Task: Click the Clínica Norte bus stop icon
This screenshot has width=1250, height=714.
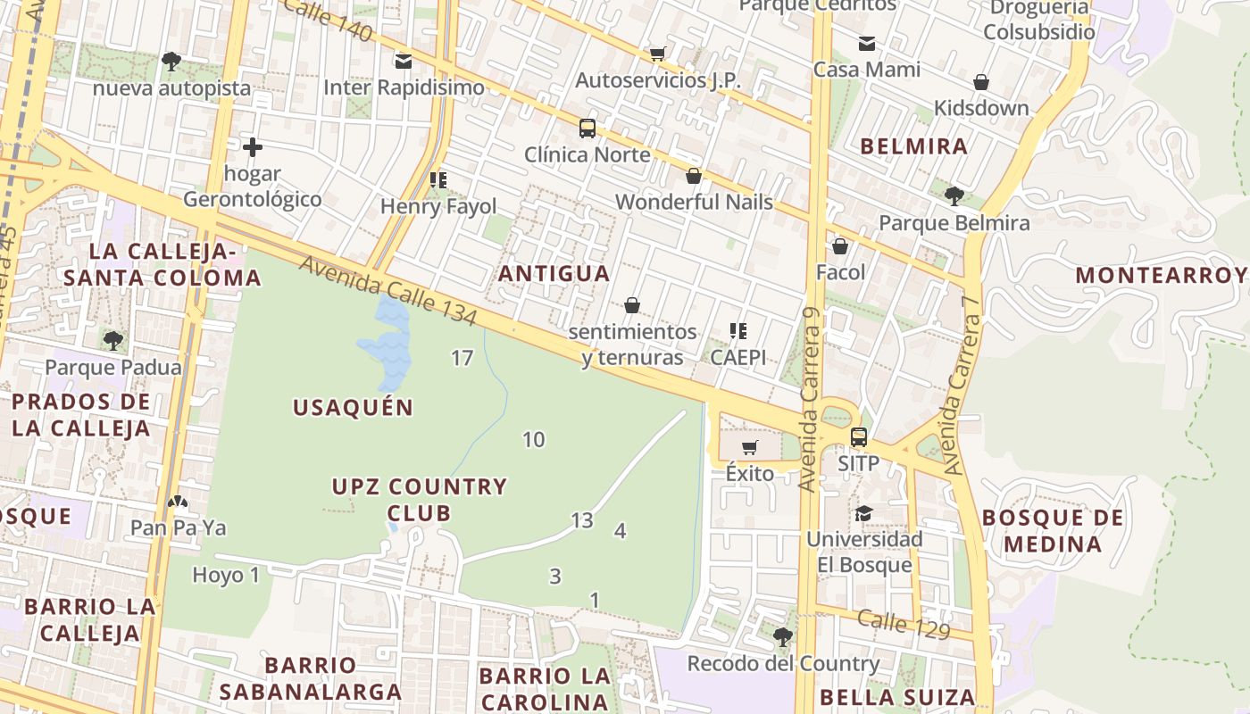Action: (x=587, y=129)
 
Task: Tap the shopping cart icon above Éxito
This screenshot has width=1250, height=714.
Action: (x=750, y=447)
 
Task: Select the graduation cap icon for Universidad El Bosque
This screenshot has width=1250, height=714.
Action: (x=863, y=513)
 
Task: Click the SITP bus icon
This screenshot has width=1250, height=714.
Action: (x=859, y=437)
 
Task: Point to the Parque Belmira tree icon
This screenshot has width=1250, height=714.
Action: (x=954, y=195)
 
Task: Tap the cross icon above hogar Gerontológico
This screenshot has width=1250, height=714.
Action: (x=253, y=146)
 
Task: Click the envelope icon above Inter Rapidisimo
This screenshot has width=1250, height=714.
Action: (x=404, y=61)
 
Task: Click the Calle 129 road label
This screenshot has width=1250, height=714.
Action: (x=904, y=623)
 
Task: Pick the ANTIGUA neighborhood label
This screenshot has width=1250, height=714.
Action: (x=554, y=273)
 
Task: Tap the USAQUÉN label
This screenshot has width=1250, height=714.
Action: (x=354, y=408)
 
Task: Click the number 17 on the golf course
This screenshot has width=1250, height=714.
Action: (x=462, y=358)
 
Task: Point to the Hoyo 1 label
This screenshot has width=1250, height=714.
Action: (x=226, y=575)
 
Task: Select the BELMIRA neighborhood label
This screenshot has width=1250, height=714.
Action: (x=913, y=146)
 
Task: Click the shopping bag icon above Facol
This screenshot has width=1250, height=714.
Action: (x=840, y=246)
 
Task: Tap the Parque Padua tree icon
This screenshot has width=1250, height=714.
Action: (x=112, y=340)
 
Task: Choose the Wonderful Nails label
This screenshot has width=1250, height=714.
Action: (x=694, y=202)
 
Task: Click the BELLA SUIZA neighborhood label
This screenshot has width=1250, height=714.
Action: (x=896, y=697)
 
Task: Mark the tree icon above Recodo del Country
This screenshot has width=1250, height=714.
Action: (x=782, y=636)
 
